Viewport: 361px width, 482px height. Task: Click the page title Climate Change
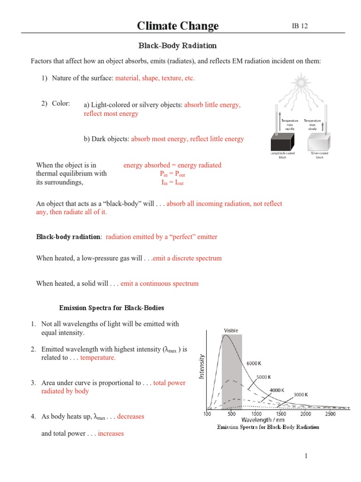[x=178, y=25]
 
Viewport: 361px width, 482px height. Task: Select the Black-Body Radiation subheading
[x=177, y=46]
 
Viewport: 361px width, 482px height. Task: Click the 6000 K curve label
[x=254, y=363]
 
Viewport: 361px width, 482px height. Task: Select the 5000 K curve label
[x=263, y=377]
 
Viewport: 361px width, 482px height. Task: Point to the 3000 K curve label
[x=301, y=394]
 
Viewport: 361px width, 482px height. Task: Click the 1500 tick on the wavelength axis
[x=281, y=414]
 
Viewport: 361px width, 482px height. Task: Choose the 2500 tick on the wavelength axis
[x=330, y=414]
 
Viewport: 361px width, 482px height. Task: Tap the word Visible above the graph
[x=231, y=330]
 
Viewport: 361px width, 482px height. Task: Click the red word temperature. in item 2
[x=98, y=358]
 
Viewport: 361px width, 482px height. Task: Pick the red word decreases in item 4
[x=131, y=417]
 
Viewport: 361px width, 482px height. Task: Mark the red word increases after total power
[x=110, y=434]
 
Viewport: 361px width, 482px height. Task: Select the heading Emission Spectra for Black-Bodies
[x=111, y=308]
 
